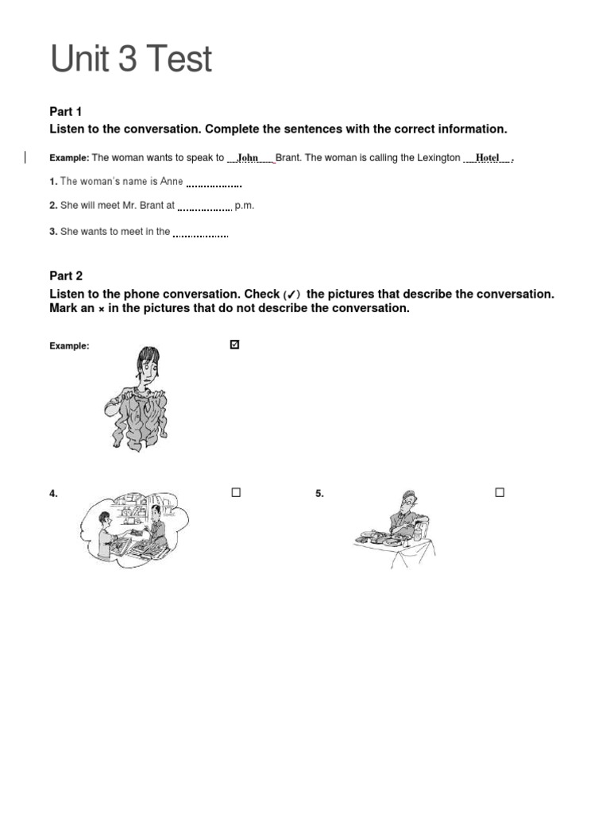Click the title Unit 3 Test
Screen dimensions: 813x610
tap(131, 60)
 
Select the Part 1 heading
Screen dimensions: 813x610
tap(66, 112)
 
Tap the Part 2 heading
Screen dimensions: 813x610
tap(66, 276)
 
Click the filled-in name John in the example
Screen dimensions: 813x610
tap(249, 158)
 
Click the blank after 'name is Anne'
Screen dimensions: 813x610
tap(214, 183)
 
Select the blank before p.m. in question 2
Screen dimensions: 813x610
tap(204, 207)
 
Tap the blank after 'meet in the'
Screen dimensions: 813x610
tap(200, 233)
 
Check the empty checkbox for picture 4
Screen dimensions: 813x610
tap(236, 492)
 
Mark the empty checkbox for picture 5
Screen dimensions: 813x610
tap(500, 492)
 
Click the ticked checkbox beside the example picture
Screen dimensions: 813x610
tap(234, 345)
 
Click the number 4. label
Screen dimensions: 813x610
tap(54, 494)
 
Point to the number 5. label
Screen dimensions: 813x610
tap(319, 494)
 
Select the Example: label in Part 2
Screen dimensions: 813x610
tap(70, 346)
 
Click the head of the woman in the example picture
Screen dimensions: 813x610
tap(148, 365)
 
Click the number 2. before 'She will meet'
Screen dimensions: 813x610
tap(53, 206)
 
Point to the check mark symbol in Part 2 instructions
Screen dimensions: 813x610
tap(291, 295)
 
